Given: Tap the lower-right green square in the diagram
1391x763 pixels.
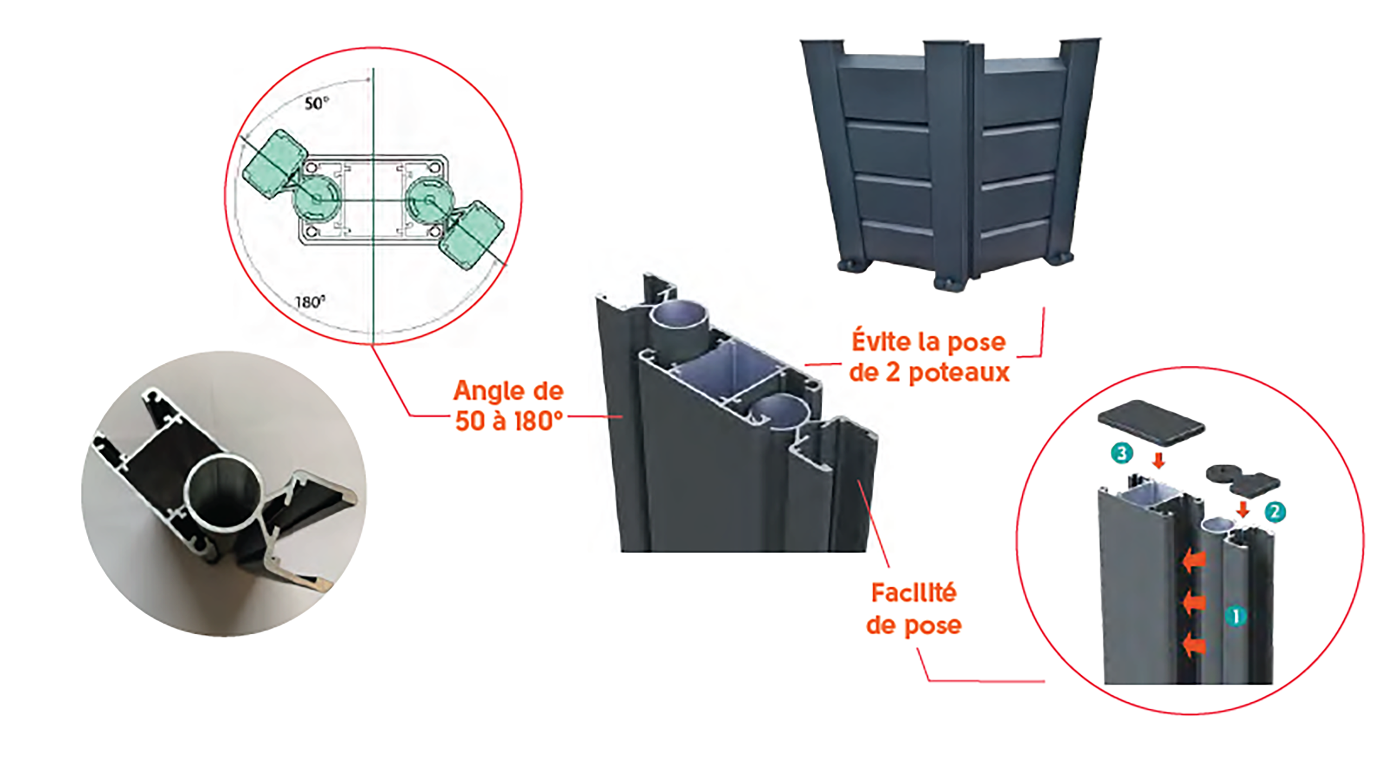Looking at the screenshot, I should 472,235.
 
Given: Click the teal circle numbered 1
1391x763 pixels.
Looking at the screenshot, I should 1236,617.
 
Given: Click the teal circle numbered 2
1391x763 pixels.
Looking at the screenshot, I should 1274,512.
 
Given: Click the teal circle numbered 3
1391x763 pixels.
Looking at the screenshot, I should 1121,453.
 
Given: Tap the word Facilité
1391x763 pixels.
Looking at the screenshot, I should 914,593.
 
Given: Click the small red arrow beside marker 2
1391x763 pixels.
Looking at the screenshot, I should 1243,509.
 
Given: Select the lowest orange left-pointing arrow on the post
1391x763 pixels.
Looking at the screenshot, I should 1194,646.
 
